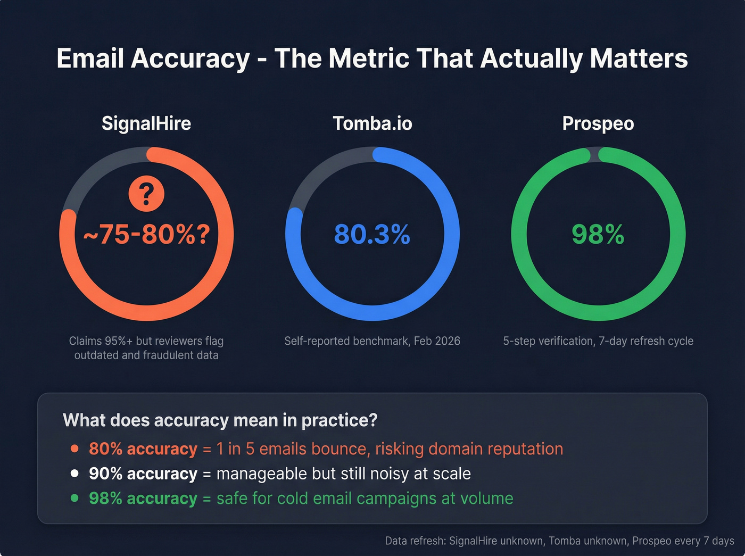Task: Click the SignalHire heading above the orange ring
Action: (146, 123)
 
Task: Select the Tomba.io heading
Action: (372, 123)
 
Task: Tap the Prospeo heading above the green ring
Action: (598, 123)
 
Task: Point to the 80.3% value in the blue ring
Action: (372, 234)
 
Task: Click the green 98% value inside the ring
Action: (598, 234)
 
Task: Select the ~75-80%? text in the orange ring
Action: (146, 234)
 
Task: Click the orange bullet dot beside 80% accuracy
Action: (75, 449)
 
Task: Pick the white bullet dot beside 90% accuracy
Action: (75, 474)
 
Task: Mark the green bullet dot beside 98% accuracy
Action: (75, 498)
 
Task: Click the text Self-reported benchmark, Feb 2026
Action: (372, 341)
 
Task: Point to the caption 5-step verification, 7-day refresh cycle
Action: (598, 341)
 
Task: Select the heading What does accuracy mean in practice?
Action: (220, 420)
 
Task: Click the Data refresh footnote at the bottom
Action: (559, 541)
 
